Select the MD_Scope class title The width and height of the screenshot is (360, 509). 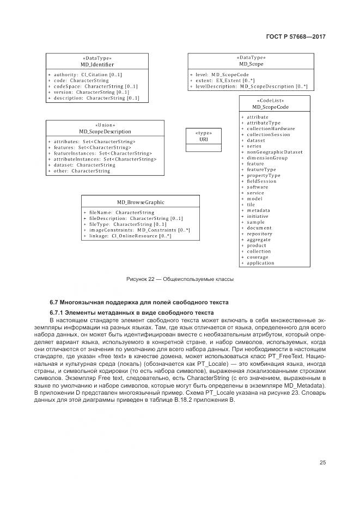251,64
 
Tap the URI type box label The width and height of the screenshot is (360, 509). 204,139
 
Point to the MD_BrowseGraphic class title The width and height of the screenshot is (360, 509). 141,202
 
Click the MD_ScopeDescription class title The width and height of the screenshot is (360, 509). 105,131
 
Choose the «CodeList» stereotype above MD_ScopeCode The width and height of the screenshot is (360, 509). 274,101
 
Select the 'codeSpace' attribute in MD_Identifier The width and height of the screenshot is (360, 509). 96,86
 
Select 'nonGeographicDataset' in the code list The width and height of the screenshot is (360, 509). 274,152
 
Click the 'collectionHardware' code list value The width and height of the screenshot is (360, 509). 271,128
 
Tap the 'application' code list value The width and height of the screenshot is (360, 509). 260,263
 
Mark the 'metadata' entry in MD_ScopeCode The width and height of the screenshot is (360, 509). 258,210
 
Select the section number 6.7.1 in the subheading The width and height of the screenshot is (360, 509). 58,312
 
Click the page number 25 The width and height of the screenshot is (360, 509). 322,462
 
